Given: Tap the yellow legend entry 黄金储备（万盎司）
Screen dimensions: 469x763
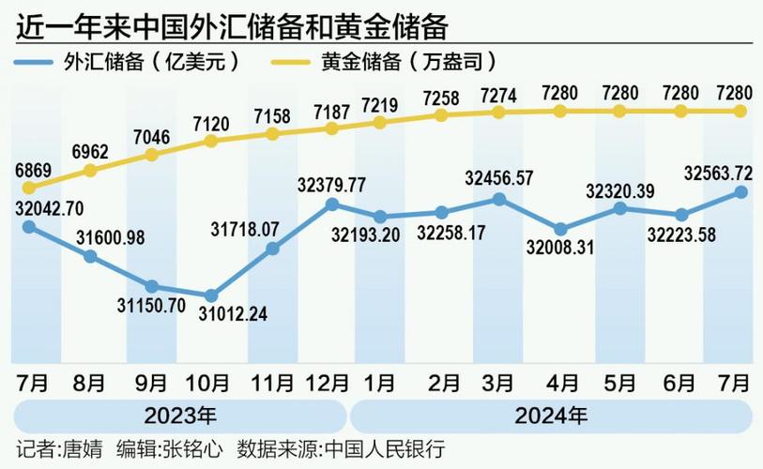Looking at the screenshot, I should pos(404,62).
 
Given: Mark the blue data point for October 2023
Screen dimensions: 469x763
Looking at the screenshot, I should pos(211,295).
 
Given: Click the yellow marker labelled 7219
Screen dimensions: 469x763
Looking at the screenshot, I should pos(379,122).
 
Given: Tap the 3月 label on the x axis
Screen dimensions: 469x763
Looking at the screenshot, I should pos(497,383).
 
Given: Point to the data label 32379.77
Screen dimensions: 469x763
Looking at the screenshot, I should pos(332,183).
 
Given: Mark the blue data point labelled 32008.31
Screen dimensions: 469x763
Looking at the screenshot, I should pos(560,229).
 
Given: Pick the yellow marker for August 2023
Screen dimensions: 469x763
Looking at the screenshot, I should pos(90,171).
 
